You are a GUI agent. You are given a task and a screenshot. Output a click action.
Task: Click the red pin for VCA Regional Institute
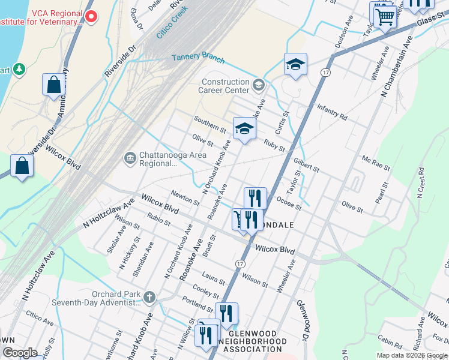tap(91, 16)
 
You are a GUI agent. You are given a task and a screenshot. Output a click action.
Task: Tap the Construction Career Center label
tap(225, 86)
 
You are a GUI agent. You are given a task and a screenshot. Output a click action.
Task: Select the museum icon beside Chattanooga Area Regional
tap(130, 158)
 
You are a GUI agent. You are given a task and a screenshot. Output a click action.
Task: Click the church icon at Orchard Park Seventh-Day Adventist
tap(149, 296)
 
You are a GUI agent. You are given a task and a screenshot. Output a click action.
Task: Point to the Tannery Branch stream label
tap(198, 58)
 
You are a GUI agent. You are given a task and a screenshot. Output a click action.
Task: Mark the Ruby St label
tap(274, 145)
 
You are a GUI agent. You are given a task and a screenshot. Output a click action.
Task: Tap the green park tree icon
tap(19, 70)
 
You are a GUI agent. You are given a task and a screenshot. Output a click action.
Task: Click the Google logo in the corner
tap(20, 352)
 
